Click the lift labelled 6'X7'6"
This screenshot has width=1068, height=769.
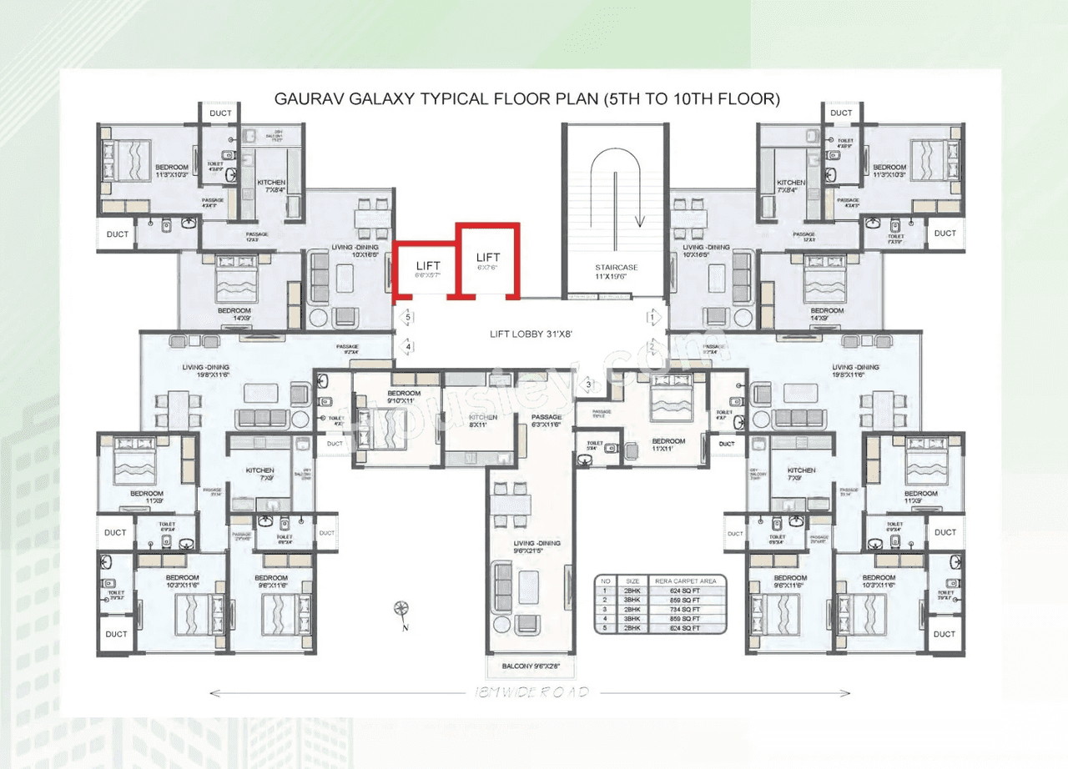pyautogui.click(x=488, y=261)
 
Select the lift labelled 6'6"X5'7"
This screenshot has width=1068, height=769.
pyautogui.click(x=427, y=269)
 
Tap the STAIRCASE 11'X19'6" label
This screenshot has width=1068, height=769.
pyautogui.click(x=616, y=272)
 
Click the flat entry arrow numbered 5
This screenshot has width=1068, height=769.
pyautogui.click(x=407, y=318)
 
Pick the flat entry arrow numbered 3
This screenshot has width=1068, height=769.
pyautogui.click(x=589, y=384)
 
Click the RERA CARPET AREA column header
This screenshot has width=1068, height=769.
pyautogui.click(x=690, y=581)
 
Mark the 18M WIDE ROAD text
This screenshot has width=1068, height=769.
pyautogui.click(x=531, y=692)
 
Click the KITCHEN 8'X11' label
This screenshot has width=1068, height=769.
pyautogui.click(x=482, y=420)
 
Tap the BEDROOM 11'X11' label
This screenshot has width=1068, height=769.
pyautogui.click(x=667, y=445)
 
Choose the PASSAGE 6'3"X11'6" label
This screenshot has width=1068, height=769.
pyautogui.click(x=547, y=421)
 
